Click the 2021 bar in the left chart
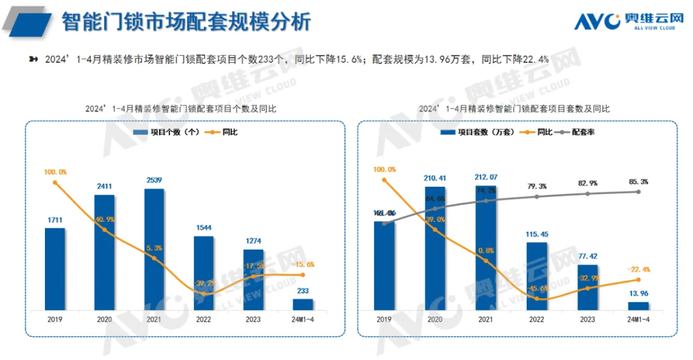pos(155,249)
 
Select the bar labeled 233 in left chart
pos(304,304)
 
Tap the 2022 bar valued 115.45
pos(536,276)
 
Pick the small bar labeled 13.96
pos(638,306)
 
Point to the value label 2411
pos(105,187)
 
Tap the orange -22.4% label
pos(638,269)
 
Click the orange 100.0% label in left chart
pos(55,172)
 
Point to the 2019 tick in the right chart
pos(384,319)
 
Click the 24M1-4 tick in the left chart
pos(304,319)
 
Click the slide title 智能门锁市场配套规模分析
pos(186,22)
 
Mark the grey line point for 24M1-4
pos(638,191)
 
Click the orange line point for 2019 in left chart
pos(55,182)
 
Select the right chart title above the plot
pos(514,109)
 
